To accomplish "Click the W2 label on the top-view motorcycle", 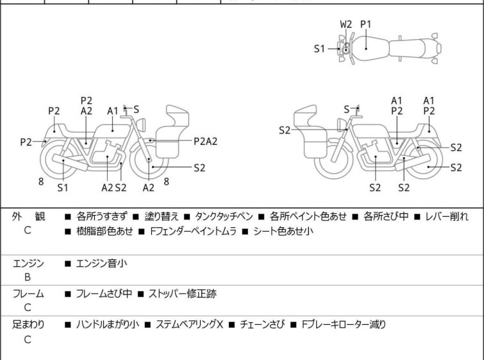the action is point(346,24).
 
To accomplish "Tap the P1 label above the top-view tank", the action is point(366,24).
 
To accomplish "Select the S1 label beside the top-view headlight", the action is point(319,49).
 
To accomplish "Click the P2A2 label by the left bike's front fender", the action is point(205,142).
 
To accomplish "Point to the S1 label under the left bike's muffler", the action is point(63,187).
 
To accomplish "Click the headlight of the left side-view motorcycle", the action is point(140,125).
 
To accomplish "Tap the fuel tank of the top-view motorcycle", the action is point(371,48).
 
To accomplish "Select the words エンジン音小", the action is point(101,264).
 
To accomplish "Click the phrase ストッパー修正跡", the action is point(183,293).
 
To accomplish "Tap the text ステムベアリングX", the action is point(189,325).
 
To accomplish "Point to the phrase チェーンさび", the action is point(262,325).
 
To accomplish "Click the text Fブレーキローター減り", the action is point(344,325).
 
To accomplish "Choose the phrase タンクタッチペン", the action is point(224,216).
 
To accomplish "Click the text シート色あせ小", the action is point(283,231).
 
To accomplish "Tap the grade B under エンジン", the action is point(28,277).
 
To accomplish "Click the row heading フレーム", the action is point(28,294).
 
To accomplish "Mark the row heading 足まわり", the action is point(28,325).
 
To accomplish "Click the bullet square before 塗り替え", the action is point(136,217).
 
